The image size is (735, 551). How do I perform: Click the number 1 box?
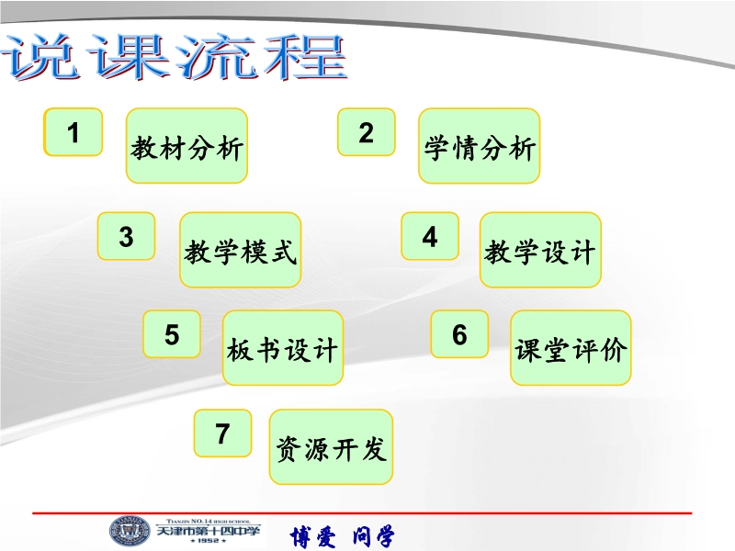(73, 132)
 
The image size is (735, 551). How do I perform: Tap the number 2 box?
(366, 132)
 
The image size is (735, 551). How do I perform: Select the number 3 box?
(126, 236)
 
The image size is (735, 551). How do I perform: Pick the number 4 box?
(430, 236)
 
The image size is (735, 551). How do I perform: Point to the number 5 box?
(172, 334)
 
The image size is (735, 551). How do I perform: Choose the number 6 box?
(459, 334)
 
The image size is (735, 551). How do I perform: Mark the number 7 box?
(222, 433)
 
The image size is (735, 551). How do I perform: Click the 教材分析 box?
(187, 146)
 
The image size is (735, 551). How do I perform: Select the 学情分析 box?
(479, 146)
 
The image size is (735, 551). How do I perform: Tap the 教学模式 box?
(240, 250)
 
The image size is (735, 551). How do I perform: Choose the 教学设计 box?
(540, 250)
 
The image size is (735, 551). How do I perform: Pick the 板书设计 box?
(283, 348)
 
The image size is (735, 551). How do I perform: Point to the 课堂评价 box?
(571, 348)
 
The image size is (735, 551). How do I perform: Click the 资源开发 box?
(331, 447)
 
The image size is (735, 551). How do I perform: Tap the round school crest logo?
(130, 532)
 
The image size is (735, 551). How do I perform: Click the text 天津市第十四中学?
(208, 532)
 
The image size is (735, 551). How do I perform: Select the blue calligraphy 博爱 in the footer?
(312, 536)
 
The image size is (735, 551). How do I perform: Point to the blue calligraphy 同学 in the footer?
(374, 536)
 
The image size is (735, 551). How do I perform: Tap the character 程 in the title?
(305, 57)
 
